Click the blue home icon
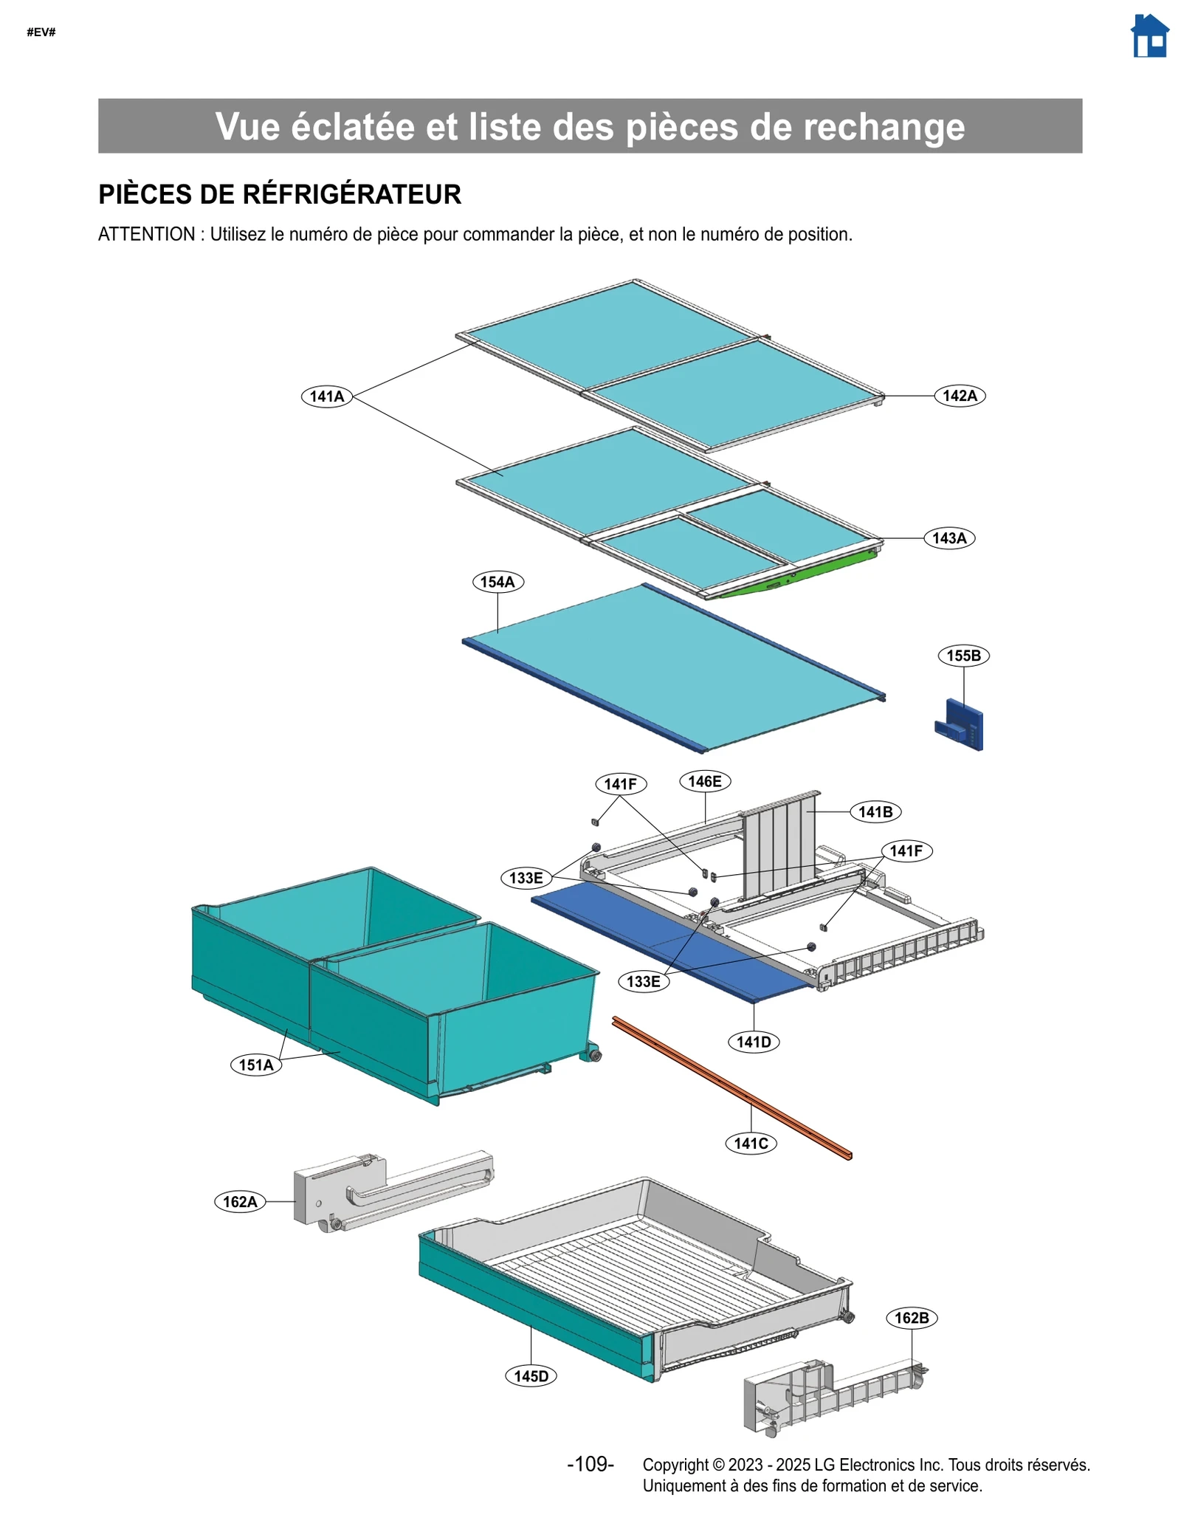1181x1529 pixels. [1149, 36]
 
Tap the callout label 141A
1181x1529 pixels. [326, 396]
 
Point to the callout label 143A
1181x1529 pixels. [948, 538]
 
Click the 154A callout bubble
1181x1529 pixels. [497, 582]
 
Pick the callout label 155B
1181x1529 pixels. [963, 656]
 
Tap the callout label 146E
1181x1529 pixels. [704, 781]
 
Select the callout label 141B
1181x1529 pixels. [875, 812]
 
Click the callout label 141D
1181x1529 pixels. [753, 1042]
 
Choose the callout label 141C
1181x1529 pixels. [750, 1144]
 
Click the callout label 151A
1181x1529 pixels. [255, 1065]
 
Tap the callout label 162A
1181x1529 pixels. [240, 1202]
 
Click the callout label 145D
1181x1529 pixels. [531, 1376]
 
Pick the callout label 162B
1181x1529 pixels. [911, 1318]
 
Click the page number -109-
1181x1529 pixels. [590, 1464]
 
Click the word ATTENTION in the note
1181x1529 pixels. [146, 235]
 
